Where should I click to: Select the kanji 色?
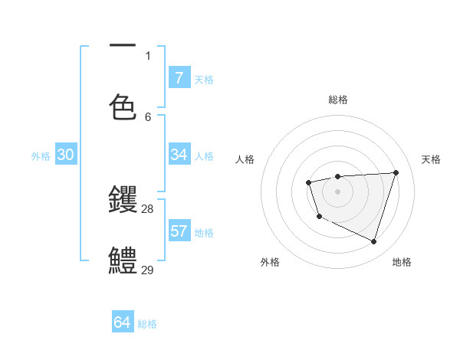(x=123, y=108)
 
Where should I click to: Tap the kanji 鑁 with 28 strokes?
(x=123, y=200)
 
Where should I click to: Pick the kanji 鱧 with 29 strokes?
(x=123, y=260)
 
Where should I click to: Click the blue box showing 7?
(x=179, y=77)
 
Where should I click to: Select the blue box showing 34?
(x=179, y=155)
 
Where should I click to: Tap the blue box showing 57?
(x=179, y=231)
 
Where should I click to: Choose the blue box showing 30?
(x=65, y=155)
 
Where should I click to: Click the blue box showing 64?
(x=122, y=322)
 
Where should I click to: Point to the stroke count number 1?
(x=148, y=55)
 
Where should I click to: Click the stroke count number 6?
(x=148, y=116)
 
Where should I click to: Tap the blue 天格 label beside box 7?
(x=204, y=79)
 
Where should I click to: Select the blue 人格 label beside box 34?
(x=204, y=156)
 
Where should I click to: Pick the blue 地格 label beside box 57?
(x=204, y=233)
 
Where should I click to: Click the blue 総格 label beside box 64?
(x=147, y=324)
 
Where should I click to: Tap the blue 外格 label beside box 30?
(x=41, y=156)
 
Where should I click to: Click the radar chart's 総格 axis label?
(x=338, y=100)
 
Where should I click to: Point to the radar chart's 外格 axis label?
(x=270, y=262)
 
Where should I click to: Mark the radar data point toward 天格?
(x=396, y=172)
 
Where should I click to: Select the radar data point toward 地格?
(x=374, y=242)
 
